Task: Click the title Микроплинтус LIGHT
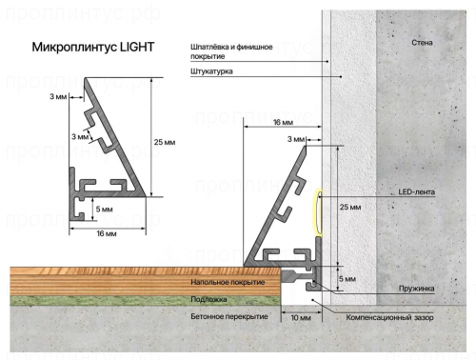tap(92, 46)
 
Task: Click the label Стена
tap(423, 44)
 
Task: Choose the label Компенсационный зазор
tap(392, 315)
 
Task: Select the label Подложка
tap(208, 299)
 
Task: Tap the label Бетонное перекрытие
tap(228, 315)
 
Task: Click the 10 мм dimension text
tap(301, 317)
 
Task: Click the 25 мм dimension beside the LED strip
tap(350, 207)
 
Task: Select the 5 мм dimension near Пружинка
tap(348, 279)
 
